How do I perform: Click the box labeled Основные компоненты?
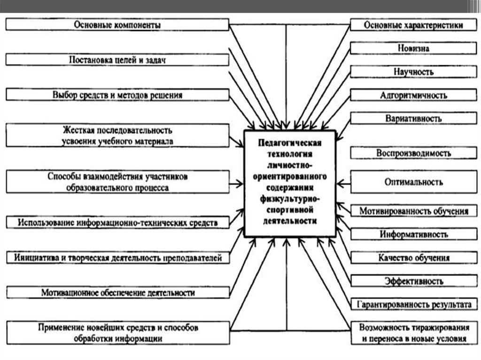tap(117, 25)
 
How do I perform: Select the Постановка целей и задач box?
tap(117, 60)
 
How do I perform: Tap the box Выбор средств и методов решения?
tap(117, 95)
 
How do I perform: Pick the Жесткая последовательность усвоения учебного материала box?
tap(117, 135)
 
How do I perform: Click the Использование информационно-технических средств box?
tap(117, 222)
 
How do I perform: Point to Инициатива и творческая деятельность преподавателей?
tap(117, 258)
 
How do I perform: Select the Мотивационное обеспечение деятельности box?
tap(117, 292)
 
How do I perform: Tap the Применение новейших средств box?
tap(117, 332)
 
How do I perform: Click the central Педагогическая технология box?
tap(290, 183)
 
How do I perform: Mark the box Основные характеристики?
tap(413, 25)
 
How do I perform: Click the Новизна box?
tap(413, 48)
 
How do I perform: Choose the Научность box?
tap(413, 71)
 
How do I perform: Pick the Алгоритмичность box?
tap(413, 95)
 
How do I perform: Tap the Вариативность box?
tap(413, 118)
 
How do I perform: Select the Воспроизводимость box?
tap(413, 153)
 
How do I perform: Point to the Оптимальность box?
tap(413, 182)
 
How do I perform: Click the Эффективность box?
tap(413, 281)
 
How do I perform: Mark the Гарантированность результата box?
tap(413, 304)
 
